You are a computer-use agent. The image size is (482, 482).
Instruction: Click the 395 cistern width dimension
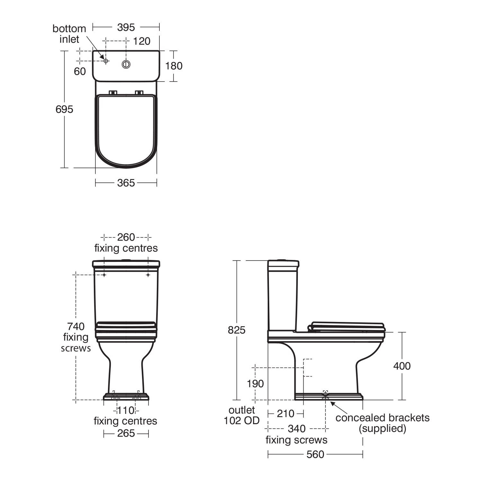(x=126, y=27)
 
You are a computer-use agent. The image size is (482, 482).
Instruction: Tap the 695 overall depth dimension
(x=64, y=109)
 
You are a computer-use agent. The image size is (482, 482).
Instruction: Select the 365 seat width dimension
(x=126, y=183)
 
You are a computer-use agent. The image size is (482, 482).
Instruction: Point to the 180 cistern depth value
(x=174, y=66)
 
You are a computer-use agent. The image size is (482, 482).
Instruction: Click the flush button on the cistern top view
(x=126, y=64)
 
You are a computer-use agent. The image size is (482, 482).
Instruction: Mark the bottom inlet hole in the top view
(x=106, y=61)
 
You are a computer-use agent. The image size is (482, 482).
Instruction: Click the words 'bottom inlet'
(x=69, y=34)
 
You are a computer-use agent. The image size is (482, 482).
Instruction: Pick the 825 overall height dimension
(x=237, y=330)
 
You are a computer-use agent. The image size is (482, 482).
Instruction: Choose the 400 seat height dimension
(x=402, y=366)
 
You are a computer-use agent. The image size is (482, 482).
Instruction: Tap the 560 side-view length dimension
(x=315, y=454)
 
